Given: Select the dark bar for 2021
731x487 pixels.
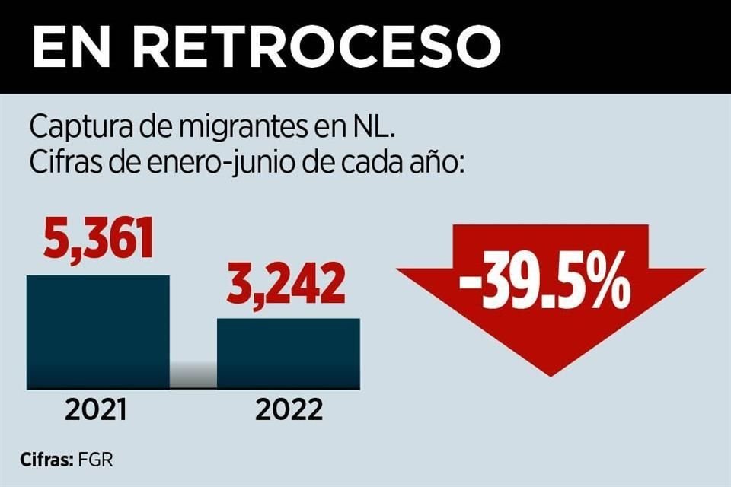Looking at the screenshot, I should click(98, 332).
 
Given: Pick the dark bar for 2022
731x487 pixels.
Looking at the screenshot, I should click(289, 353).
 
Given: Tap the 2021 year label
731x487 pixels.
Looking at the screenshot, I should click(96, 411).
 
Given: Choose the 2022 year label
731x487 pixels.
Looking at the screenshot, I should click(289, 411).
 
